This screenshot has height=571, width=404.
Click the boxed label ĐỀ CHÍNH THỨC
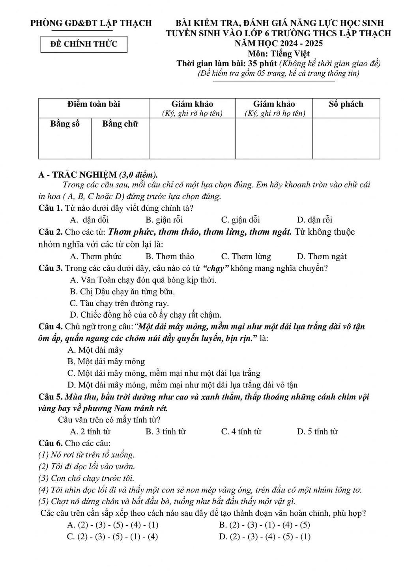(x=84, y=44)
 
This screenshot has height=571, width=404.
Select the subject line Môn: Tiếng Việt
(x=279, y=53)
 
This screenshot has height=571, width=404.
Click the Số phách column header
(x=346, y=104)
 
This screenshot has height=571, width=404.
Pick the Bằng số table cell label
(x=65, y=124)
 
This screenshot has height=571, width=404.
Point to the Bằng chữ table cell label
(x=120, y=124)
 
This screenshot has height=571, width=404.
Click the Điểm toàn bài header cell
(x=94, y=104)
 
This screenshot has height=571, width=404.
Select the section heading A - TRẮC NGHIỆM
(x=77, y=174)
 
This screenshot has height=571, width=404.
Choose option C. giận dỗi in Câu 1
(x=240, y=220)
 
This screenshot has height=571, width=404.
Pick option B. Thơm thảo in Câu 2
(x=170, y=256)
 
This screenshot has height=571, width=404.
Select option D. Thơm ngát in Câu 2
(x=322, y=256)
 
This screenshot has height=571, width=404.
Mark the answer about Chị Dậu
(x=122, y=292)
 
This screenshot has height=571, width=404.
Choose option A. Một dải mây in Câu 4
(x=95, y=350)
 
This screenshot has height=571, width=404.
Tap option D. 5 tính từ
(x=317, y=432)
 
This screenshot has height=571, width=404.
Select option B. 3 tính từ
(x=165, y=432)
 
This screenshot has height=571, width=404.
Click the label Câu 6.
(x=50, y=443)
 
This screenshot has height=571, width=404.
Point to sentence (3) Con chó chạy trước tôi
(x=86, y=478)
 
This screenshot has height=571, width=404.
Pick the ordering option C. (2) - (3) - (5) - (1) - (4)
(x=113, y=536)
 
